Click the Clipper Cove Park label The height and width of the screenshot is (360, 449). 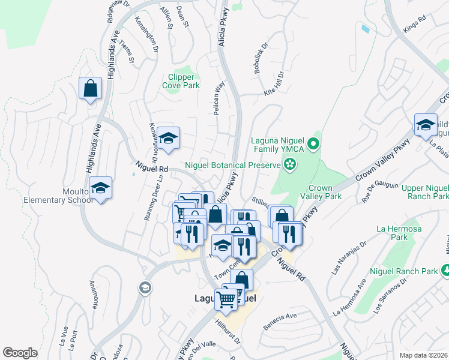coord(181,81)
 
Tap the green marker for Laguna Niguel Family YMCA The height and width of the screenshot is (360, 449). coord(313,144)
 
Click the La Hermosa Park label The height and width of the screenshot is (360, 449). coord(396,232)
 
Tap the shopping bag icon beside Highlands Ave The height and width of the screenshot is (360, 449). coord(90,89)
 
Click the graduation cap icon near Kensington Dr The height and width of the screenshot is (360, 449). coord(169,138)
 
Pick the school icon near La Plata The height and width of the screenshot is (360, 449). coord(426,124)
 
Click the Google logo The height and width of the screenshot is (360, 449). coord(20,352)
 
